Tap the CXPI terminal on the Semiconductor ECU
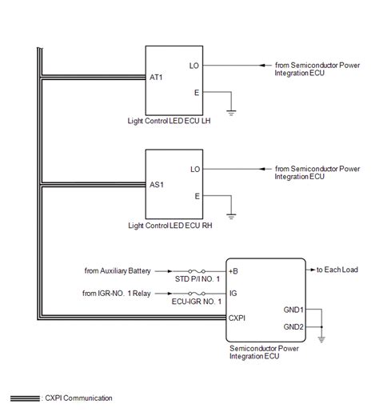238,318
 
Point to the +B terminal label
233,271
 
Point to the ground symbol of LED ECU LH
232,114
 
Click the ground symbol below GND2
322,338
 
